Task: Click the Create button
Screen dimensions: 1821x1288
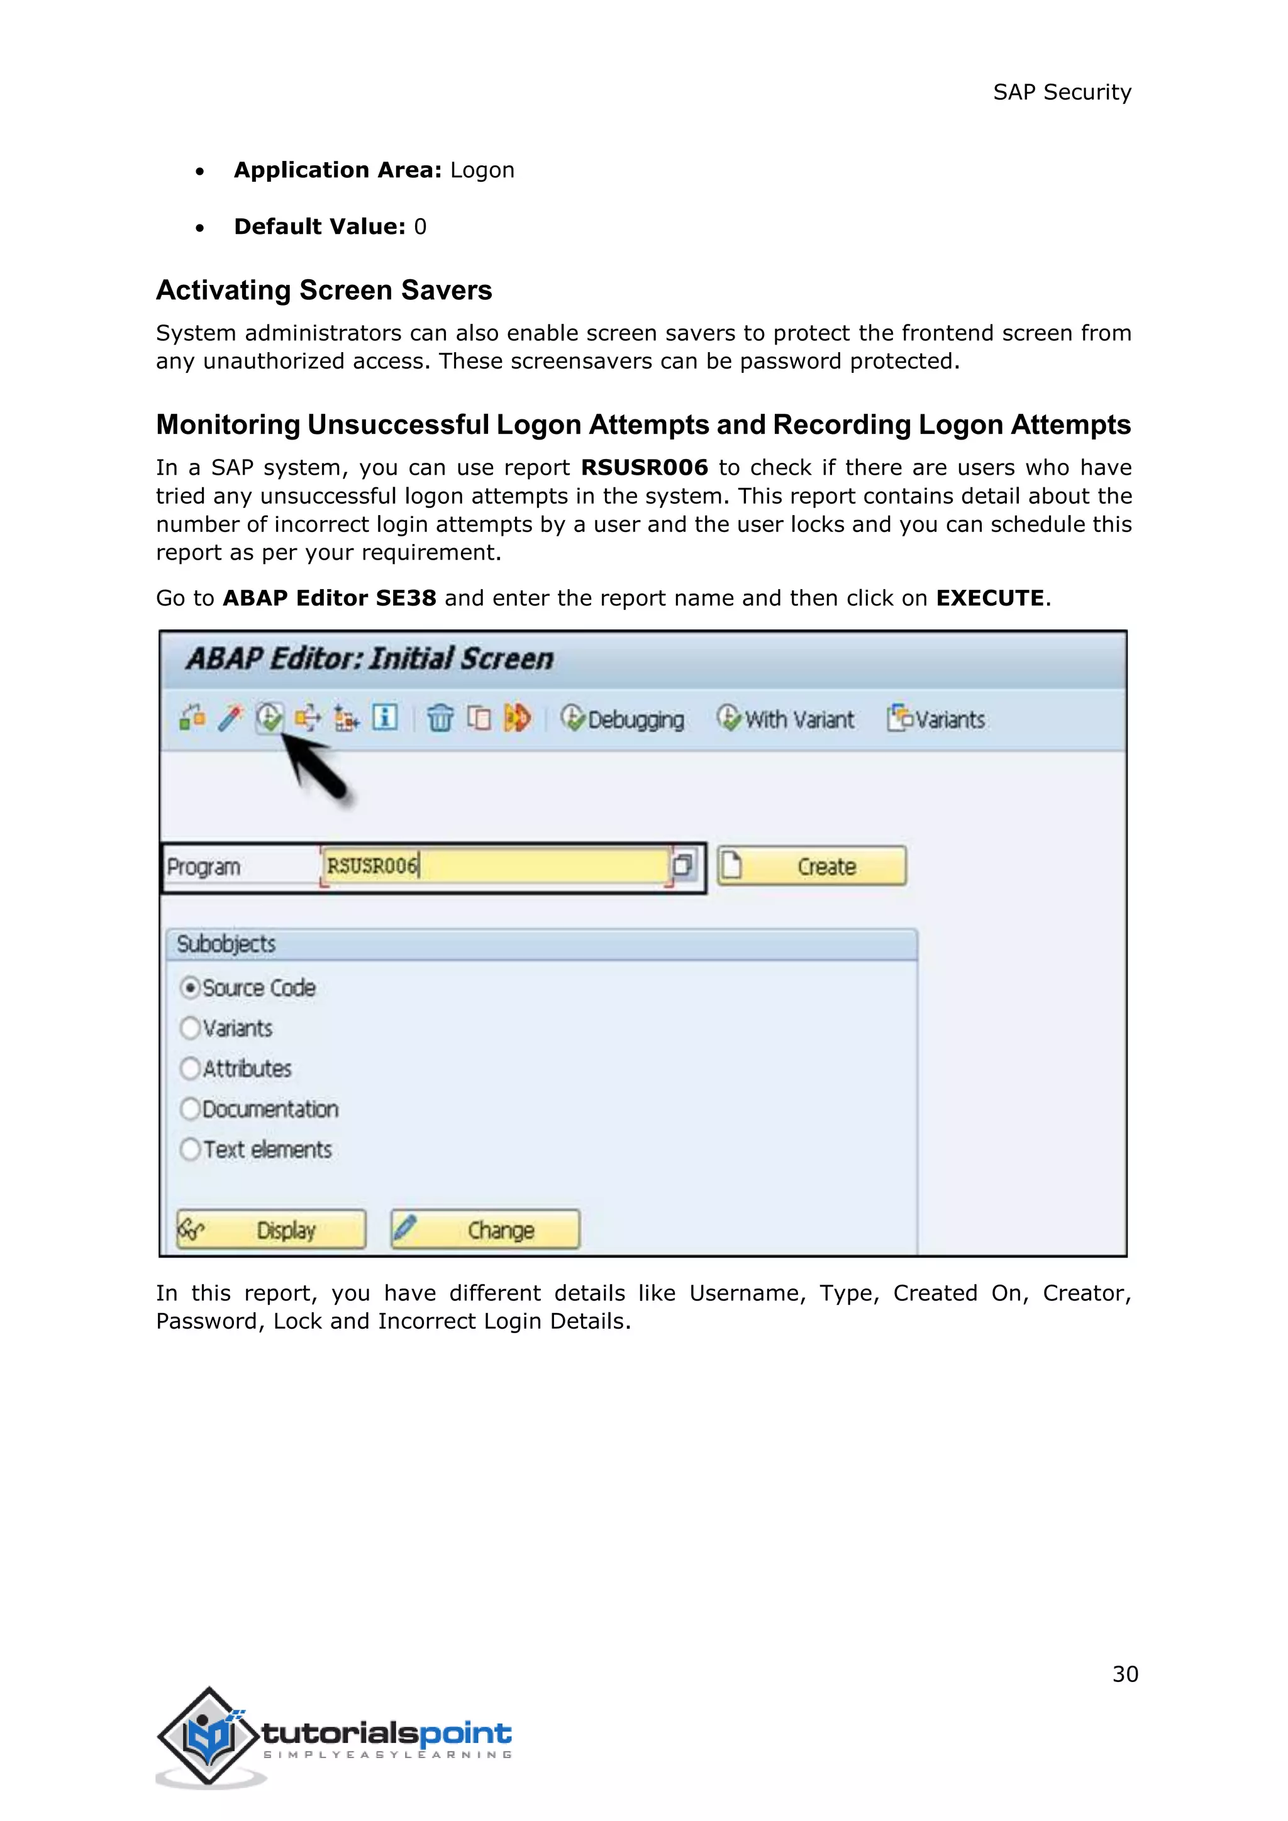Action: tap(811, 866)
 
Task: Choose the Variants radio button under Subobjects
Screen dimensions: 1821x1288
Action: tap(189, 1028)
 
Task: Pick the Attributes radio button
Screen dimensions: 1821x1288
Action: tap(189, 1068)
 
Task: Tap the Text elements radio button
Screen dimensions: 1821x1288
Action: tap(189, 1149)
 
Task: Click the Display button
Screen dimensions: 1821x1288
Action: tap(271, 1230)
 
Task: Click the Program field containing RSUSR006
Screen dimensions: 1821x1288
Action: tap(496, 866)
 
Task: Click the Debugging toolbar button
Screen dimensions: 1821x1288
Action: tap(623, 719)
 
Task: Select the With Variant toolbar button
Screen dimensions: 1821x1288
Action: tap(785, 719)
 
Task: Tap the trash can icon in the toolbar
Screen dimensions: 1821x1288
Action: tap(440, 719)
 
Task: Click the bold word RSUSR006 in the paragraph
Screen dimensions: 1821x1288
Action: tap(644, 468)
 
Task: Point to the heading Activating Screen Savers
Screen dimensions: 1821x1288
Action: tap(324, 291)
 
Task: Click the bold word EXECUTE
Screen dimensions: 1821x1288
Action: tap(990, 598)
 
